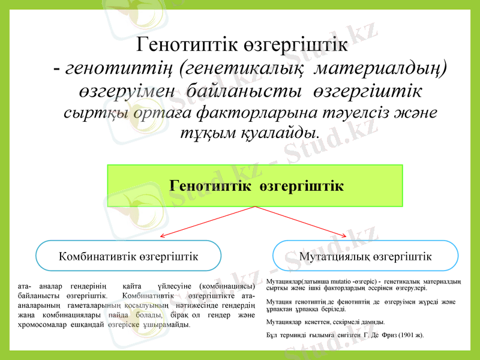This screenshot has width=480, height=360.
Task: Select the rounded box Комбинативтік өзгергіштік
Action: (128, 256)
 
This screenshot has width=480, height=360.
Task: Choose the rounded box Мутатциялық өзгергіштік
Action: (365, 256)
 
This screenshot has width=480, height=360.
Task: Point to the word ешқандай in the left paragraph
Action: (89, 325)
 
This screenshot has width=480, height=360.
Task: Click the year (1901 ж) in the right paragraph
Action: (410, 334)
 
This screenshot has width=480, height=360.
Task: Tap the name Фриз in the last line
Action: (385, 334)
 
